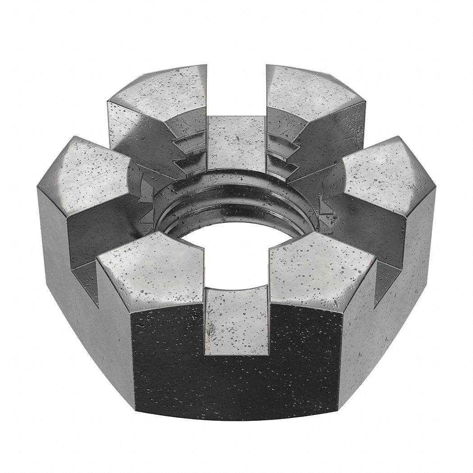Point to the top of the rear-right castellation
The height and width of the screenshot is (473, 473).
click(311, 88)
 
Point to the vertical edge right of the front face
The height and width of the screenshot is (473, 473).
click(342, 356)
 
